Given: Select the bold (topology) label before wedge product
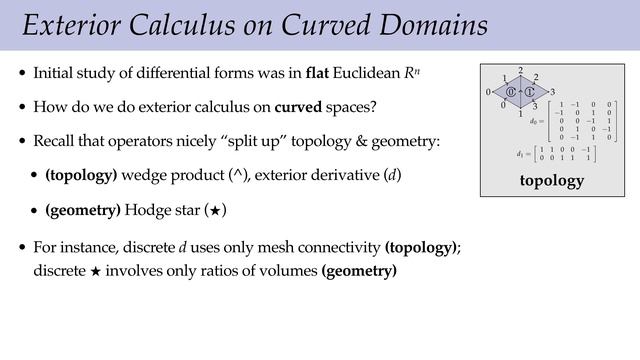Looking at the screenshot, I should pyautogui.click(x=81, y=176).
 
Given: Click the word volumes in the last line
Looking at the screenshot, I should pyautogui.click(x=287, y=270).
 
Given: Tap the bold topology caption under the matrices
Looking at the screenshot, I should pyautogui.click(x=551, y=181).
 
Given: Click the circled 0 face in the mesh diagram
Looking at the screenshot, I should pyautogui.click(x=510, y=93).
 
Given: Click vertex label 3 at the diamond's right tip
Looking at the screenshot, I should pyautogui.click(x=552, y=92).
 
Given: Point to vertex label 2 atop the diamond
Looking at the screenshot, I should pyautogui.click(x=520, y=71).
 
